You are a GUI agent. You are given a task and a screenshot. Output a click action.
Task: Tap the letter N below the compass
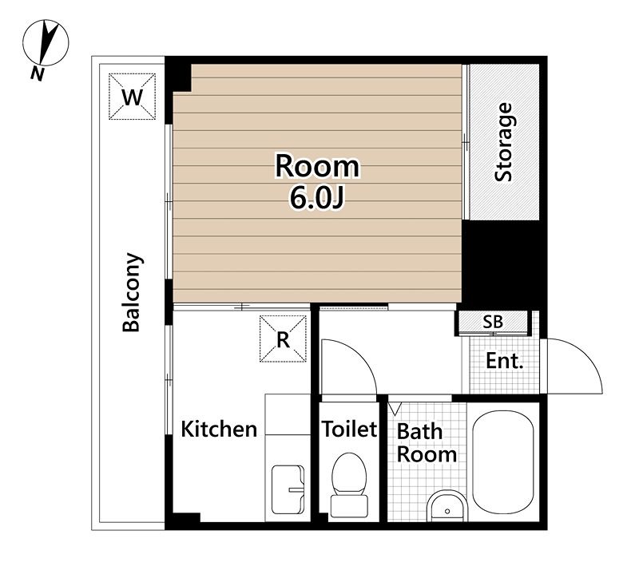(38, 73)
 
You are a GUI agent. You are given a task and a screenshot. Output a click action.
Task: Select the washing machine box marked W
(133, 97)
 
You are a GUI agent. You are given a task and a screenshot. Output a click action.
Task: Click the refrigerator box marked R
(284, 339)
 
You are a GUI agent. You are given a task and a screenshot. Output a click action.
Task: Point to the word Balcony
(132, 292)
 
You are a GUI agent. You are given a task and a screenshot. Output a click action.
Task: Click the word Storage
(504, 142)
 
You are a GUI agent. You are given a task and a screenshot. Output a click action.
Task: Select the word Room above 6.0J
(317, 167)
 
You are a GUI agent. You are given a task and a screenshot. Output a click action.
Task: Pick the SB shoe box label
(493, 322)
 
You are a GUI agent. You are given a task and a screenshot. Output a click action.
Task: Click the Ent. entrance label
(505, 361)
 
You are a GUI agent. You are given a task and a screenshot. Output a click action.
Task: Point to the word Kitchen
(219, 429)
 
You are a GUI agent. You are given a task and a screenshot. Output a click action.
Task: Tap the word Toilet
(349, 429)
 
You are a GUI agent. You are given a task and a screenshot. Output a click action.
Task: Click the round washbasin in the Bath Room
(447, 506)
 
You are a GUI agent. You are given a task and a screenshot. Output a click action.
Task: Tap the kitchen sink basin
(288, 490)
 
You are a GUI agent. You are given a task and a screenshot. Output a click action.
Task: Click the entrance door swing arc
(586, 358)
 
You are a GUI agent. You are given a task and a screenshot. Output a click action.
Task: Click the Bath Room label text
(427, 443)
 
